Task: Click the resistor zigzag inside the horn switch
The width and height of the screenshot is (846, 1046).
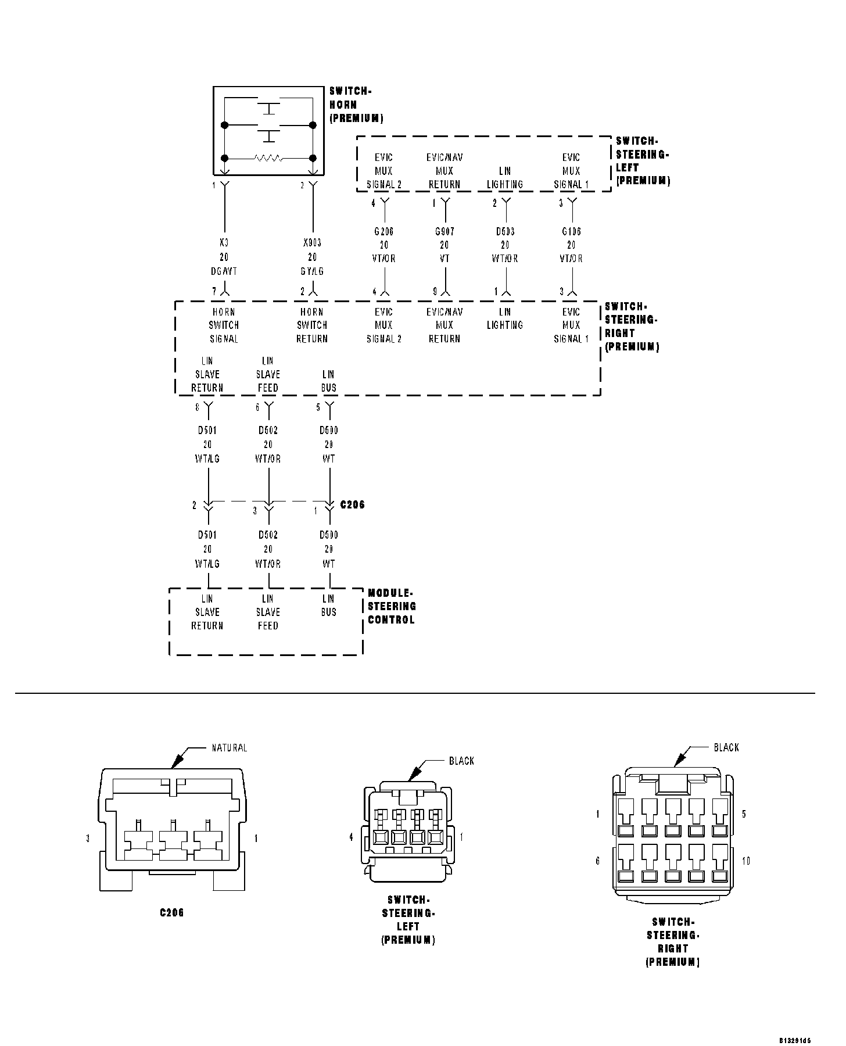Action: click(x=268, y=158)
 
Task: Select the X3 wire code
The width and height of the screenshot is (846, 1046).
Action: click(x=224, y=243)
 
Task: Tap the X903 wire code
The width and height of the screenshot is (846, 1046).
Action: click(x=312, y=243)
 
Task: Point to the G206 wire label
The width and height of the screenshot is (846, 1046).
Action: click(x=383, y=231)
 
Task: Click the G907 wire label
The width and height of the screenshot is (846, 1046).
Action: click(x=444, y=231)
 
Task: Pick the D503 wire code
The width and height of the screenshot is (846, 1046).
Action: click(x=505, y=231)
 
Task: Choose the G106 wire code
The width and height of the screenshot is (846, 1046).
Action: click(x=571, y=231)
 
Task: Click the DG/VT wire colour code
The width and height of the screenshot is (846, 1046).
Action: click(x=224, y=271)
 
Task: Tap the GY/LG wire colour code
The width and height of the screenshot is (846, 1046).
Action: click(x=312, y=271)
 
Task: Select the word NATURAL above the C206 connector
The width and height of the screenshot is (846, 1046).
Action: click(x=229, y=748)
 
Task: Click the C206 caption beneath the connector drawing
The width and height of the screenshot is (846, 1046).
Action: click(x=172, y=913)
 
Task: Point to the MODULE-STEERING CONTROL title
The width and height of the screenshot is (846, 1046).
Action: click(x=392, y=606)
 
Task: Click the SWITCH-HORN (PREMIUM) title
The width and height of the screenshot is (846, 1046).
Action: click(x=356, y=105)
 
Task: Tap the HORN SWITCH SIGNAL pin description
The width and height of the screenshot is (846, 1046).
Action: click(x=224, y=325)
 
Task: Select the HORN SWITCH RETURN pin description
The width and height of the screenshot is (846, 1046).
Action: click(x=312, y=325)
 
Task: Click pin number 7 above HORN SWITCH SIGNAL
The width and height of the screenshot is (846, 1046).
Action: click(x=214, y=291)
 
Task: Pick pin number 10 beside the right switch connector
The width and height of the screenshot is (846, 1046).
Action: click(x=746, y=861)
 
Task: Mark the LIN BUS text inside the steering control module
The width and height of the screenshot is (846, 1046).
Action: click(x=329, y=605)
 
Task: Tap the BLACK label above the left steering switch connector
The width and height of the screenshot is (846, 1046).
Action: click(x=461, y=761)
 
